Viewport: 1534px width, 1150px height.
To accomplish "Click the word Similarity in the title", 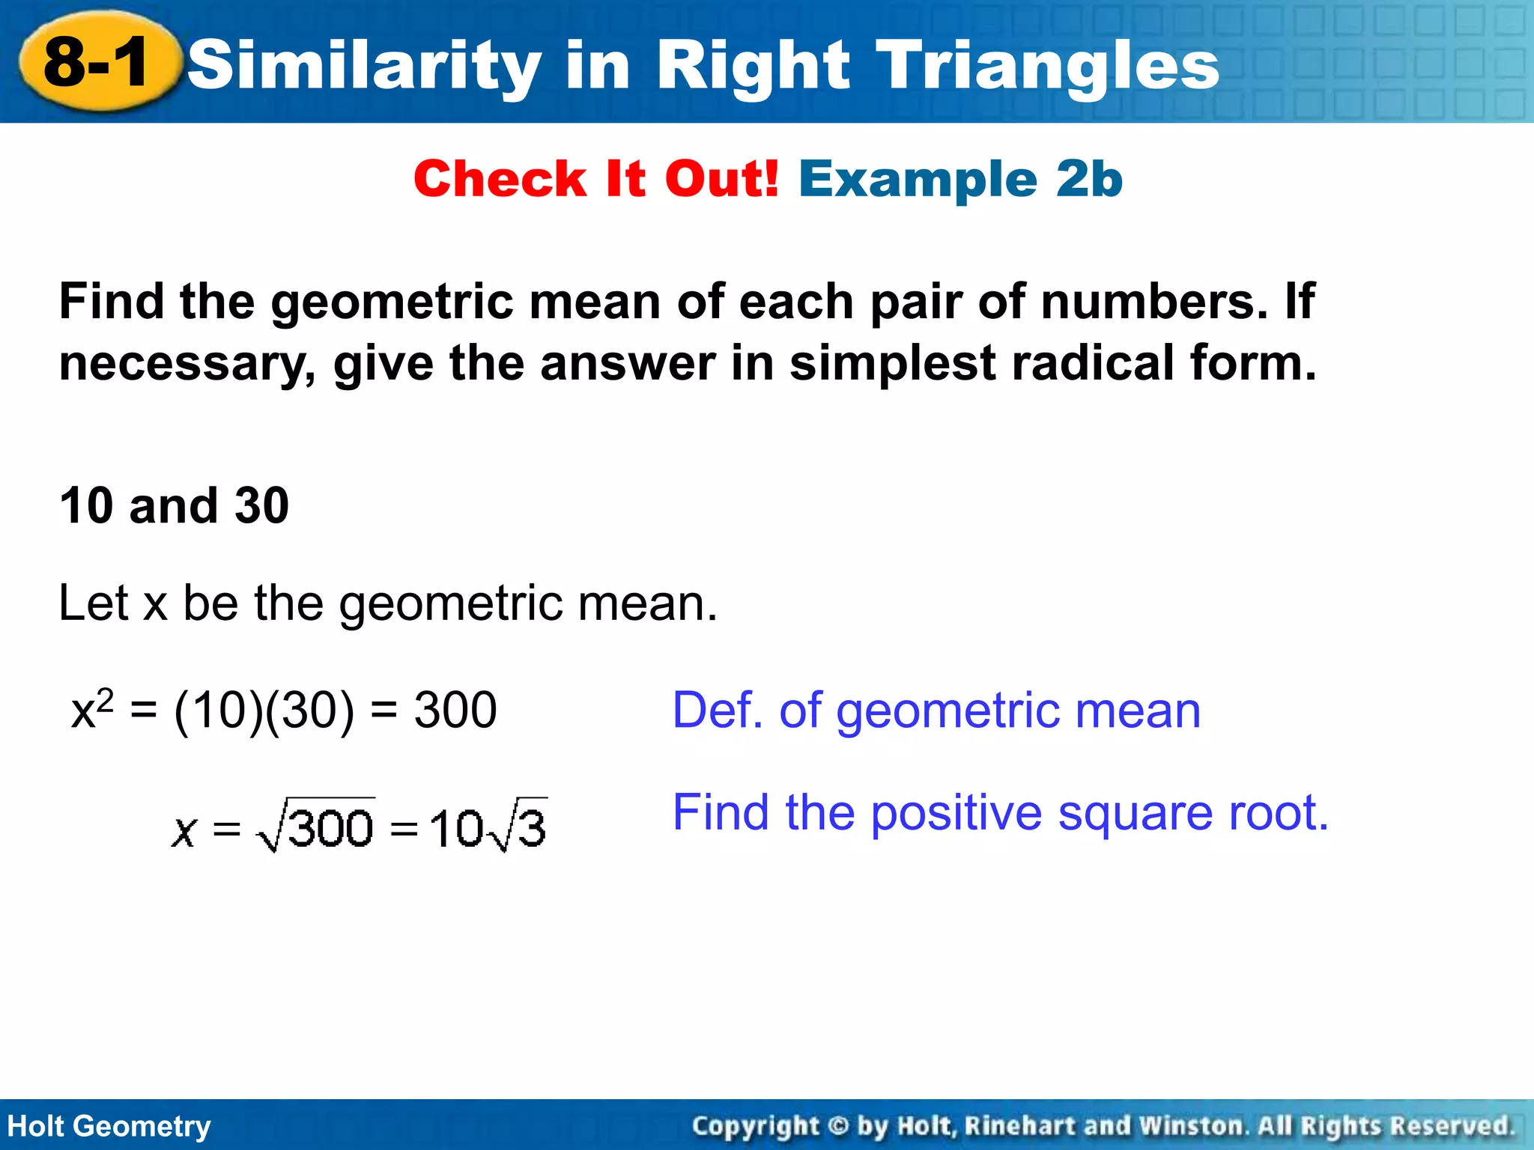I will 364,66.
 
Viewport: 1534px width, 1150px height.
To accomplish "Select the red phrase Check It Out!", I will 596,180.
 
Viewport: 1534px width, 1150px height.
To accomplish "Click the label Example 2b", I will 960,180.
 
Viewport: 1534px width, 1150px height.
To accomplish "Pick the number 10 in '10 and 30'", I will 87,505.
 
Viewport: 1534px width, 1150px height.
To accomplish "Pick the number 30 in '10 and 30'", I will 261,505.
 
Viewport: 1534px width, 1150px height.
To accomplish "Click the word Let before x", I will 93,603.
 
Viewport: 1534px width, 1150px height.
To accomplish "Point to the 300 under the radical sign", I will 330,829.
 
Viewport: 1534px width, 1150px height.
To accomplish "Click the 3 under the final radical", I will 531,829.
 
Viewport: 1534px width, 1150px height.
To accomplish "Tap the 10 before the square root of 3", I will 456,830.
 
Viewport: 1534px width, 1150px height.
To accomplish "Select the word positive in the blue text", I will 956,813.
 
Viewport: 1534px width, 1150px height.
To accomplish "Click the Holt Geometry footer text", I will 109,1126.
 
